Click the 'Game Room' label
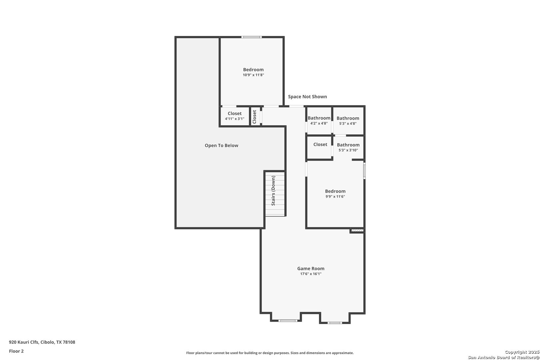tap(311, 268)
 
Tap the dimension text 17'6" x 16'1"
tap(311, 274)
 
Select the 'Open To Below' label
tap(221, 145)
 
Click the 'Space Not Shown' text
tap(307, 96)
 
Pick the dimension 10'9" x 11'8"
tap(253, 75)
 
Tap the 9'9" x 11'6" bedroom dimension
tap(335, 196)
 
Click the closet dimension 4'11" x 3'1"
tap(235, 119)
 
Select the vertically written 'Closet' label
tap(254, 117)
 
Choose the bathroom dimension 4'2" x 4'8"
tap(319, 123)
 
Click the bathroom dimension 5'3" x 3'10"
tap(348, 150)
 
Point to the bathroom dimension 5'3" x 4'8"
tap(348, 123)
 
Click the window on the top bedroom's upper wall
tap(252, 37)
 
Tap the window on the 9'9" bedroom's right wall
tap(364, 171)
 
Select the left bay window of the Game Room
tap(288, 320)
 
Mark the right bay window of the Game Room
tap(335, 323)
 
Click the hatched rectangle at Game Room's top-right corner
tap(357, 231)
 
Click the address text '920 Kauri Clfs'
tap(24, 342)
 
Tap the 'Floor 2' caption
tap(16, 351)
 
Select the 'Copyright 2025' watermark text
tap(522, 352)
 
